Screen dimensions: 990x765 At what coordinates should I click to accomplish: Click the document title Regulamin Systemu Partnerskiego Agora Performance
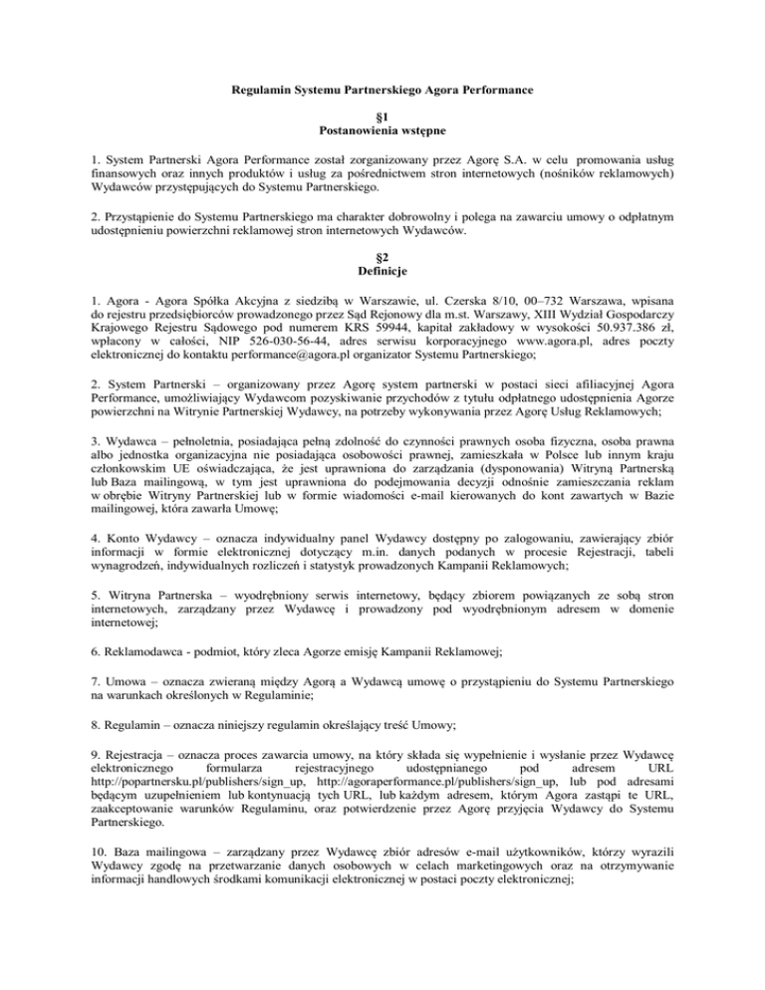[x=382, y=92]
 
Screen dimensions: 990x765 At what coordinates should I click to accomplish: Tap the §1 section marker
[x=382, y=117]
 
